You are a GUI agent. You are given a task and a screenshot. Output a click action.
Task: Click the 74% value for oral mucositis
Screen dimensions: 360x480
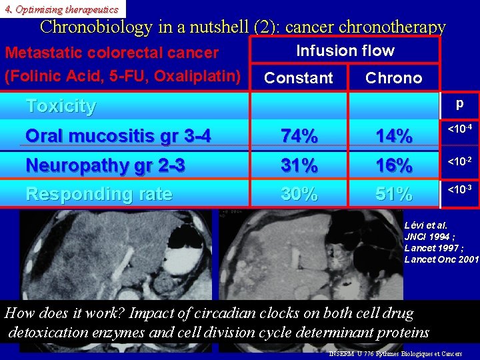(x=299, y=136)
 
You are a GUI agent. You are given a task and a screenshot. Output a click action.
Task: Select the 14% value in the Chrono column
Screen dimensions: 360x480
(x=393, y=136)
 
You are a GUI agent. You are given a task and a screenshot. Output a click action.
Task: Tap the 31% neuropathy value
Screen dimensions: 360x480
(x=299, y=165)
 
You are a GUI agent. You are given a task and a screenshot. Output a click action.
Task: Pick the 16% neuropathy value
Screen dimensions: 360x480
(x=393, y=165)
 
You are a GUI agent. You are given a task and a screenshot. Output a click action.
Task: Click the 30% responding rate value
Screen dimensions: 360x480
(x=299, y=194)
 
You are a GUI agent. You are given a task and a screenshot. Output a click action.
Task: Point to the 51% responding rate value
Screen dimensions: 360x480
(x=393, y=194)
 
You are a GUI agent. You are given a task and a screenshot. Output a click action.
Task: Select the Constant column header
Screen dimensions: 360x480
(x=299, y=78)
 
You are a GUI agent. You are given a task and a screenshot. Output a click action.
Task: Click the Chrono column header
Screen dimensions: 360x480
(x=393, y=78)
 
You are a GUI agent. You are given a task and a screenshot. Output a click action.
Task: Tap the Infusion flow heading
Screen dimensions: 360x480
(x=345, y=51)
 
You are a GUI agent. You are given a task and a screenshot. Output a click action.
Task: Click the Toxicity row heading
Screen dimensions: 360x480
(x=61, y=106)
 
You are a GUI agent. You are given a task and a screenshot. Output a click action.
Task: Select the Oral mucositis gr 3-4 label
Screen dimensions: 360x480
(x=118, y=136)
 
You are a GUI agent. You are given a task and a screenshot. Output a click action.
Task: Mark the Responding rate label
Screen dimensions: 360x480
(x=99, y=194)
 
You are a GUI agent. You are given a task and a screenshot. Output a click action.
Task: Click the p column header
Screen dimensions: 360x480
(x=459, y=104)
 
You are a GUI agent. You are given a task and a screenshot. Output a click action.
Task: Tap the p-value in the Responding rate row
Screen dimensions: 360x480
(x=460, y=191)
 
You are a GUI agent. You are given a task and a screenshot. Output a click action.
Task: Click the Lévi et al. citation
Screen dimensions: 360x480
(x=425, y=225)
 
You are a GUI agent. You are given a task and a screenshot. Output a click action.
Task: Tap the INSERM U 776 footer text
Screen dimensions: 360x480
(x=395, y=353)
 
